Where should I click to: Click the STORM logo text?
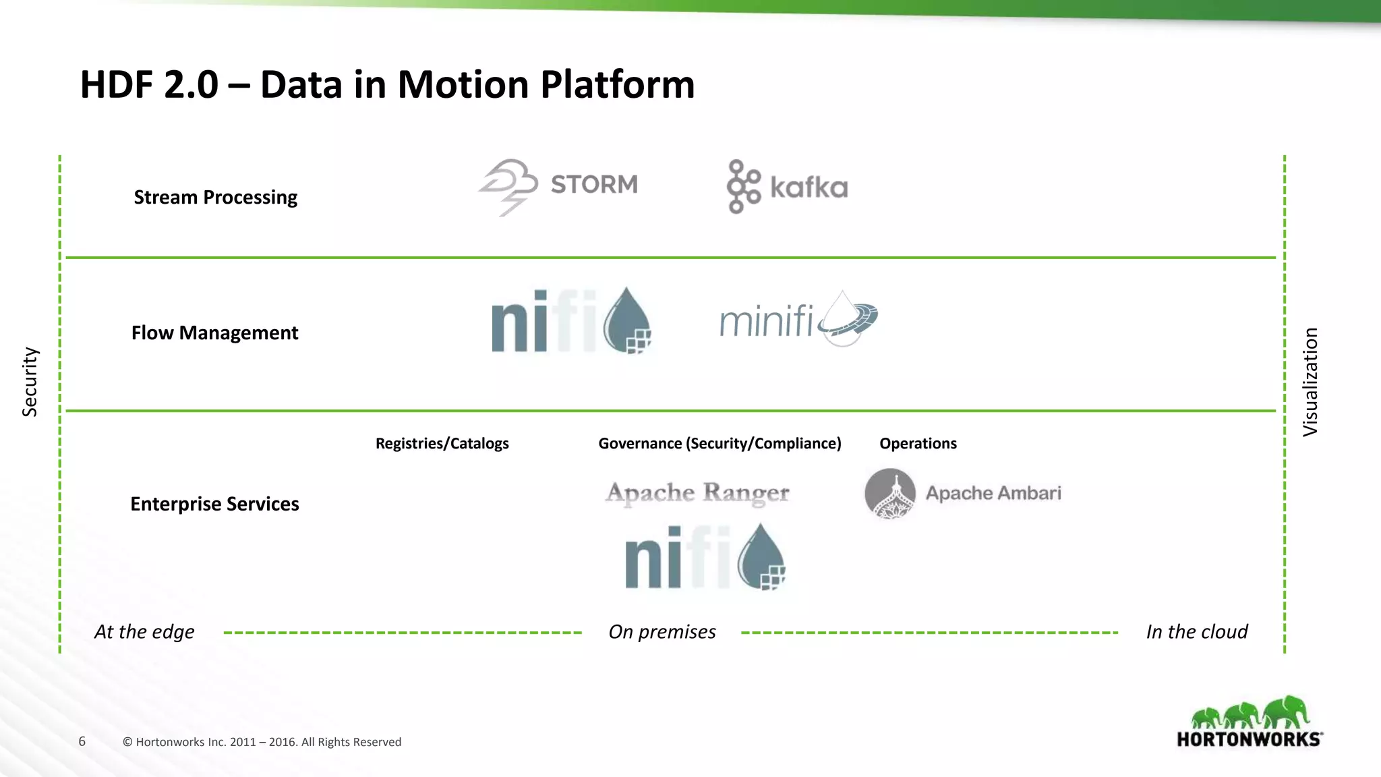pos(593,184)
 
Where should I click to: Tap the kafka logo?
pos(787,187)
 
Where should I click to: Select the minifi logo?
pos(798,320)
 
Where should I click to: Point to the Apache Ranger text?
pos(697,493)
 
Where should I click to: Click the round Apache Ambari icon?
pos(890,493)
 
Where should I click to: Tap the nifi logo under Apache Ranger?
pos(705,557)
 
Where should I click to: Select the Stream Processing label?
pos(215,198)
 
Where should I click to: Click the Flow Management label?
pos(214,333)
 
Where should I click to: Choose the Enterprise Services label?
pos(214,505)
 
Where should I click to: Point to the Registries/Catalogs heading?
pos(442,444)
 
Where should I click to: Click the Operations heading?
pos(918,444)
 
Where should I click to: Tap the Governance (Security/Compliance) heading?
pos(719,444)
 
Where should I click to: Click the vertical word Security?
pos(30,382)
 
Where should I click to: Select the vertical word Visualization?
pos(1310,382)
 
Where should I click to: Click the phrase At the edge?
pos(144,632)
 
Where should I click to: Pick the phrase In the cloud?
pos(1197,632)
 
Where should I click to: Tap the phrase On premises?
pos(662,632)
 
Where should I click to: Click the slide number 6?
pos(82,741)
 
